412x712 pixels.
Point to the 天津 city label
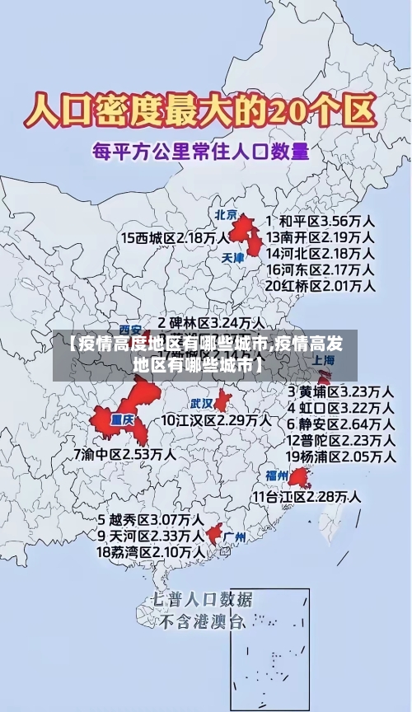(233, 257)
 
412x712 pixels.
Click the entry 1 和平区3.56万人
(321, 222)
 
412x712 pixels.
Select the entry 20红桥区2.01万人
(321, 285)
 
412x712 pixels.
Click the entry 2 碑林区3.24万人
(212, 322)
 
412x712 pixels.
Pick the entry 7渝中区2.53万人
(124, 453)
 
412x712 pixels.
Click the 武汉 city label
(202, 404)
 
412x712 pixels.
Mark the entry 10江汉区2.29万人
(216, 419)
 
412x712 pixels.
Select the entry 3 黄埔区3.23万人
(339, 391)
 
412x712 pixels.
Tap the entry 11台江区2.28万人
(307, 496)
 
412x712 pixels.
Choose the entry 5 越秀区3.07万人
(152, 520)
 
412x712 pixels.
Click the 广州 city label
(235, 537)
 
